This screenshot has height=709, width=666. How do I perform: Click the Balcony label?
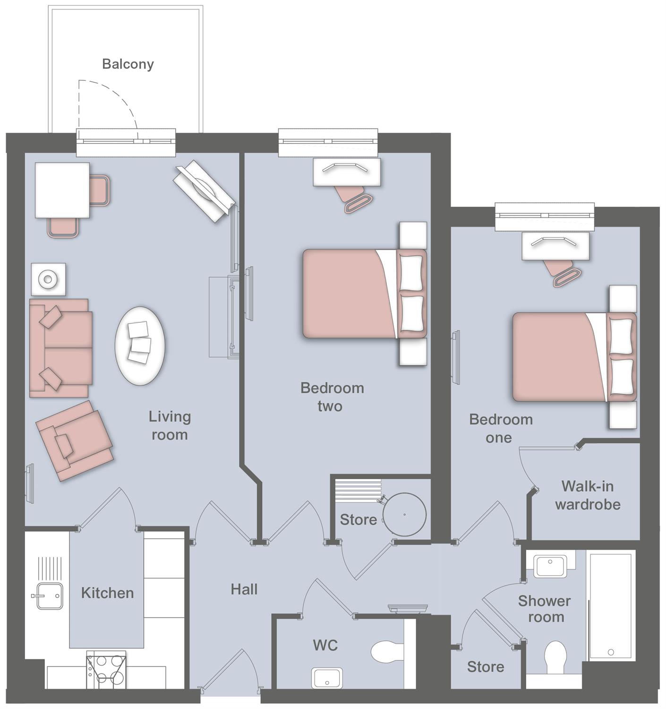pos(128,64)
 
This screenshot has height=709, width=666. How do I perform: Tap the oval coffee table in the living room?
pos(140,346)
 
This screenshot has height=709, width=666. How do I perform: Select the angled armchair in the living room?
pos(75,441)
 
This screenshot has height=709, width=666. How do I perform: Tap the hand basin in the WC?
pos(327,678)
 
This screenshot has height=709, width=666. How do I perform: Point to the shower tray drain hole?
pos(611,652)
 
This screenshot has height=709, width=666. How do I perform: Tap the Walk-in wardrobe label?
pos(588,495)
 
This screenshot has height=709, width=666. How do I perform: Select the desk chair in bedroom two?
pos(354,199)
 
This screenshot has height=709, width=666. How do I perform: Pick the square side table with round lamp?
pos(48,279)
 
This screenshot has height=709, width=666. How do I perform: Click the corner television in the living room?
pos(204,191)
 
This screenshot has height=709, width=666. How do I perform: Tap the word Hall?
pos(244,589)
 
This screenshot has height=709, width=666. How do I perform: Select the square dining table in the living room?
pos(62,190)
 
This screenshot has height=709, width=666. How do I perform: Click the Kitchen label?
pos(107,593)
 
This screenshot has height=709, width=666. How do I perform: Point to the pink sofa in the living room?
pos(60,348)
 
